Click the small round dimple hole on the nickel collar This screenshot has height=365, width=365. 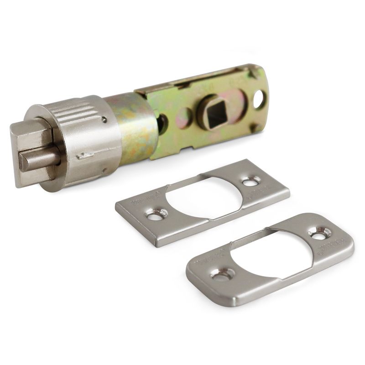(x=105, y=120)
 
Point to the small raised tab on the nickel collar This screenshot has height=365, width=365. (x=85, y=156)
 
